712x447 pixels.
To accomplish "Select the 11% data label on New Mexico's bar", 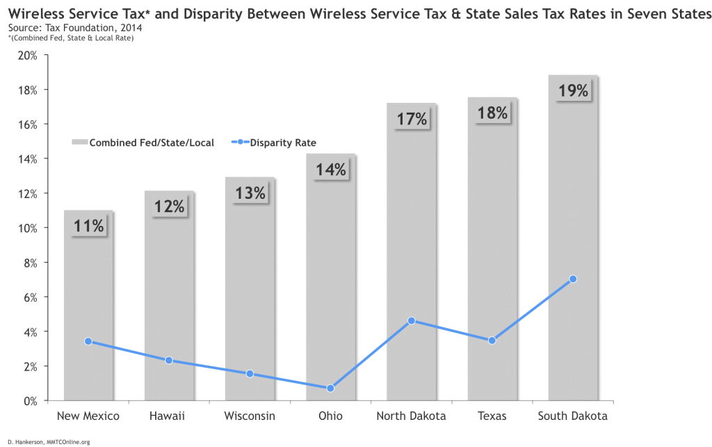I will (88, 226).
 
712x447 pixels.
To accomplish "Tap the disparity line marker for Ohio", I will (330, 388).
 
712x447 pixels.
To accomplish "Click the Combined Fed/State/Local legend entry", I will (143, 143).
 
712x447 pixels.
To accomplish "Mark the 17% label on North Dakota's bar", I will (412, 119).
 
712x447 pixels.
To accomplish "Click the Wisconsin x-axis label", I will (250, 416).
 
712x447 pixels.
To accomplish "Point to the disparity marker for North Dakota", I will (412, 320).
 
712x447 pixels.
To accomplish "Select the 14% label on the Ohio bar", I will (331, 170).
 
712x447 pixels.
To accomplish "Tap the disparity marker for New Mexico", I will (88, 341).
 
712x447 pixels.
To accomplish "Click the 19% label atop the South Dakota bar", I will (574, 90).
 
